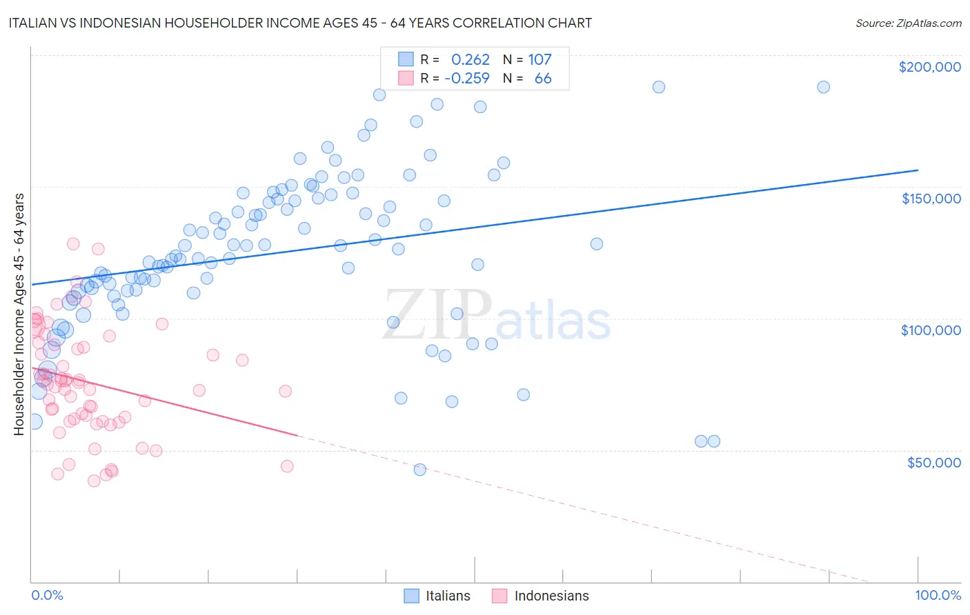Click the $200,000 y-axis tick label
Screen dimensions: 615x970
(x=929, y=67)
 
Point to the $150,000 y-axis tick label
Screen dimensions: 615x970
(x=931, y=199)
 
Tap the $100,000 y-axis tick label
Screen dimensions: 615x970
(x=931, y=330)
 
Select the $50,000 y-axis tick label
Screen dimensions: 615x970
(x=933, y=463)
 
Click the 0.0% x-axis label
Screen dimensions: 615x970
(x=47, y=595)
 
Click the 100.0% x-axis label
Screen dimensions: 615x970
(x=938, y=595)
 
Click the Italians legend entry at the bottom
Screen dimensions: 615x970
(x=447, y=596)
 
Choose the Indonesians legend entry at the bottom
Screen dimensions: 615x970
(x=551, y=596)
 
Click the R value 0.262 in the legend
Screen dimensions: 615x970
(x=470, y=60)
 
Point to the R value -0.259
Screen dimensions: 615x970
(x=467, y=79)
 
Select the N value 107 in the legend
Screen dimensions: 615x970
(x=540, y=60)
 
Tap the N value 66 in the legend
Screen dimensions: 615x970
(x=543, y=79)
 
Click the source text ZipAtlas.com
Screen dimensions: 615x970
(x=909, y=23)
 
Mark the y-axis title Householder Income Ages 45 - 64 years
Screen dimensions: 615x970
(x=19, y=314)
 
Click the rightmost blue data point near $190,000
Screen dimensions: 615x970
(x=823, y=87)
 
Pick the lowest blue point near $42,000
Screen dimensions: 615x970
(x=419, y=470)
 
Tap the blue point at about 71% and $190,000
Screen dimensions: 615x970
(x=659, y=87)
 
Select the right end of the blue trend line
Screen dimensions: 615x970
(x=918, y=170)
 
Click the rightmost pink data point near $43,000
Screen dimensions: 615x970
(x=287, y=466)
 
